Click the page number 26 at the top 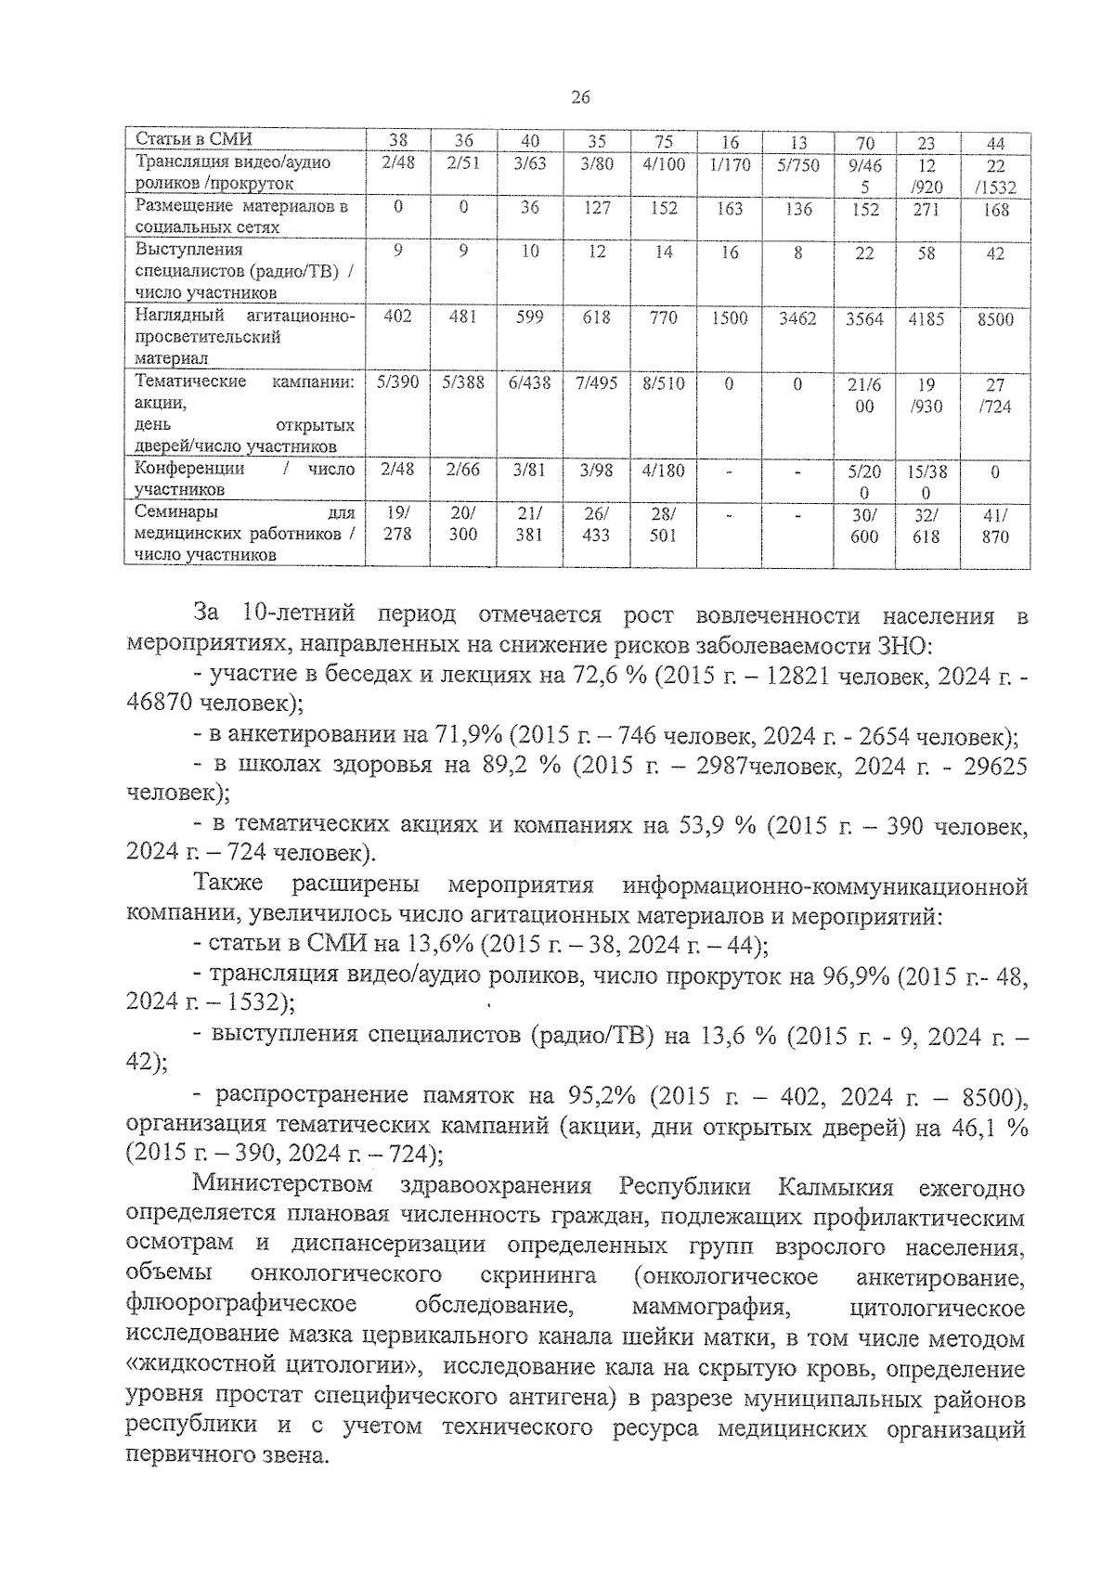click(581, 98)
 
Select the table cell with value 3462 click(797, 318)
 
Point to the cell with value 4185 click(926, 318)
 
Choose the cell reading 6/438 click(530, 383)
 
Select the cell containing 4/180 click(663, 470)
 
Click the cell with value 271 click(926, 210)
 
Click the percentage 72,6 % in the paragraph click(610, 675)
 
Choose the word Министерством click(283, 1185)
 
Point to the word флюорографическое click(241, 1307)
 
